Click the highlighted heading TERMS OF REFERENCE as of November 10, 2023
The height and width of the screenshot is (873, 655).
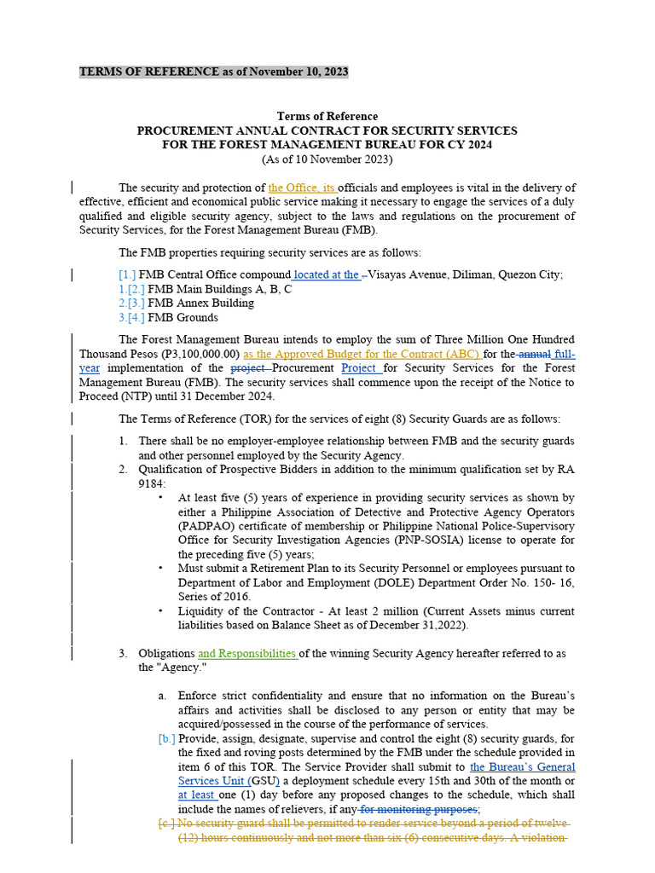(213, 72)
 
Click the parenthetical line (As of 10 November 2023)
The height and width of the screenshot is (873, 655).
(327, 159)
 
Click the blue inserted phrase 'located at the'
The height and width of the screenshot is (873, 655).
(326, 275)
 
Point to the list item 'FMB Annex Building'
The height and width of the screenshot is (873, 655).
(200, 304)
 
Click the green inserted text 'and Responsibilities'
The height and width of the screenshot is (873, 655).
(246, 654)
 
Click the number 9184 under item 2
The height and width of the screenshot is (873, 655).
(152, 483)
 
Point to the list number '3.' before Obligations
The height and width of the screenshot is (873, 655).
(123, 654)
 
